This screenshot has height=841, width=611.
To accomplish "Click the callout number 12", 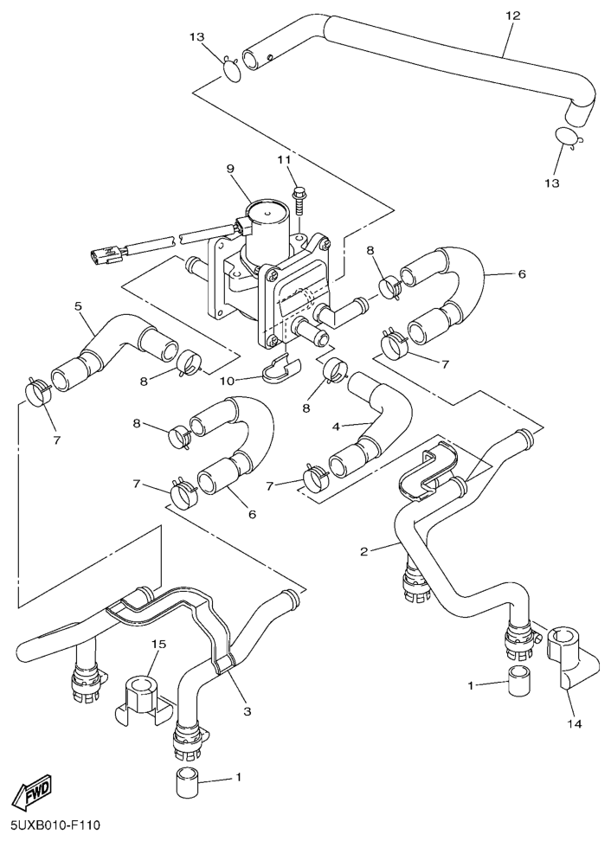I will click(512, 16).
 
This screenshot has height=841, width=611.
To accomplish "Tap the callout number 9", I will click(230, 168).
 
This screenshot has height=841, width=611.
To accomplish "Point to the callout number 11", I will click(284, 160).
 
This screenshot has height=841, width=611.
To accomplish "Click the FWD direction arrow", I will click(30, 791).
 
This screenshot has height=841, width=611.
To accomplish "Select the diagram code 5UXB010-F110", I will click(55, 826).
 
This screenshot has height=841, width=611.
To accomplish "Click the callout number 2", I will click(364, 550).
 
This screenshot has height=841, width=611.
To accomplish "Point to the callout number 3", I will click(247, 711).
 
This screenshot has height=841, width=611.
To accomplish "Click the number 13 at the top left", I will click(197, 36).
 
